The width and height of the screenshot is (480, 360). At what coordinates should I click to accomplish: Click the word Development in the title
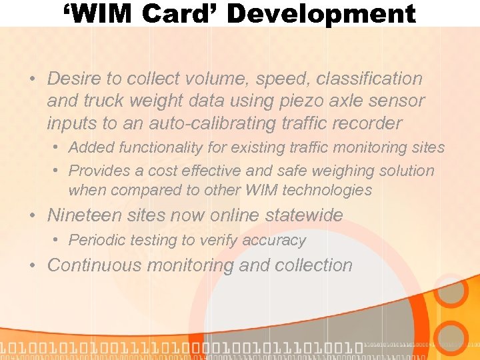click(x=323, y=14)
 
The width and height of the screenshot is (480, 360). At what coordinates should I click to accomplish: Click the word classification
click(x=369, y=79)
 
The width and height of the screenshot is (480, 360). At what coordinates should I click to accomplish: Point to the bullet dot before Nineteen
click(x=33, y=216)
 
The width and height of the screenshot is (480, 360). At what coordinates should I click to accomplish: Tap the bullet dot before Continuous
click(x=33, y=266)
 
